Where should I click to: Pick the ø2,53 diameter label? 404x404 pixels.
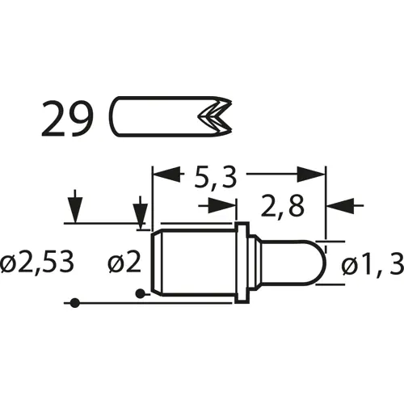[x=38, y=263]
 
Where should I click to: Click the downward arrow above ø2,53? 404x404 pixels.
[x=74, y=209]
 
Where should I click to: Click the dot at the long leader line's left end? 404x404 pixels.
[x=74, y=303]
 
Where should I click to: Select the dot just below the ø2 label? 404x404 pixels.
[x=141, y=292]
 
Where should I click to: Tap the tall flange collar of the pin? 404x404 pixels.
[x=240, y=263]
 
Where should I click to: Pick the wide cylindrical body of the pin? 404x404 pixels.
[x=194, y=263]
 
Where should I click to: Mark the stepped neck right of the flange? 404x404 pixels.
[x=255, y=263]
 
